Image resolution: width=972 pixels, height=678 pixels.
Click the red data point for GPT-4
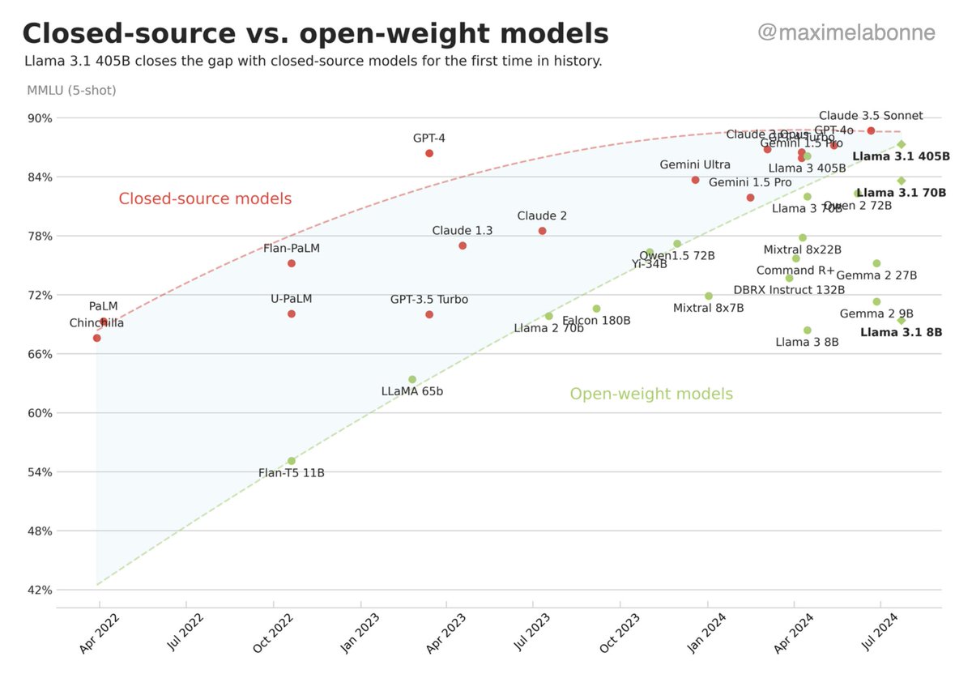tap(429, 153)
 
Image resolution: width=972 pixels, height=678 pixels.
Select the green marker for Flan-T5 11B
tap(292, 461)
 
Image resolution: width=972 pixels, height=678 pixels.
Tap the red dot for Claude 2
tap(543, 231)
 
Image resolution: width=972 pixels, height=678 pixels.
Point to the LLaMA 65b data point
tap(412, 379)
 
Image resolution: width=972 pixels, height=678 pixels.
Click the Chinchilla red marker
tap(97, 338)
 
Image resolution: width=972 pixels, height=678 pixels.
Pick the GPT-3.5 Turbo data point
tap(429, 314)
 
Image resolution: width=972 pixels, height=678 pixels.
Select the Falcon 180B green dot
tap(597, 309)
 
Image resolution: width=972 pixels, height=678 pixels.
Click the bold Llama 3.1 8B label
tap(901, 332)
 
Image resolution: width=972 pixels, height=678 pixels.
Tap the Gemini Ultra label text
tap(695, 164)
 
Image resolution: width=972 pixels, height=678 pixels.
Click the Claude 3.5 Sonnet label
tap(871, 116)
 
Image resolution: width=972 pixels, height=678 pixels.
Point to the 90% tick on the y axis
tap(40, 118)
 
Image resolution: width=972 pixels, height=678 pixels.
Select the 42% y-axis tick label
tap(40, 591)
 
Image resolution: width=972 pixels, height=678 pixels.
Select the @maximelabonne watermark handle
tap(846, 32)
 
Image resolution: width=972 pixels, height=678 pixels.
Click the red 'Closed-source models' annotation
tap(205, 198)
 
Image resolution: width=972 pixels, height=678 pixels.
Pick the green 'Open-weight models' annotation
tap(651, 394)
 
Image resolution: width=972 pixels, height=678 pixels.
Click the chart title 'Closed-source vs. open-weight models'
tap(315, 33)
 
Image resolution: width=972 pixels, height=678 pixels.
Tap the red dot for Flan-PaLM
tap(292, 263)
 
